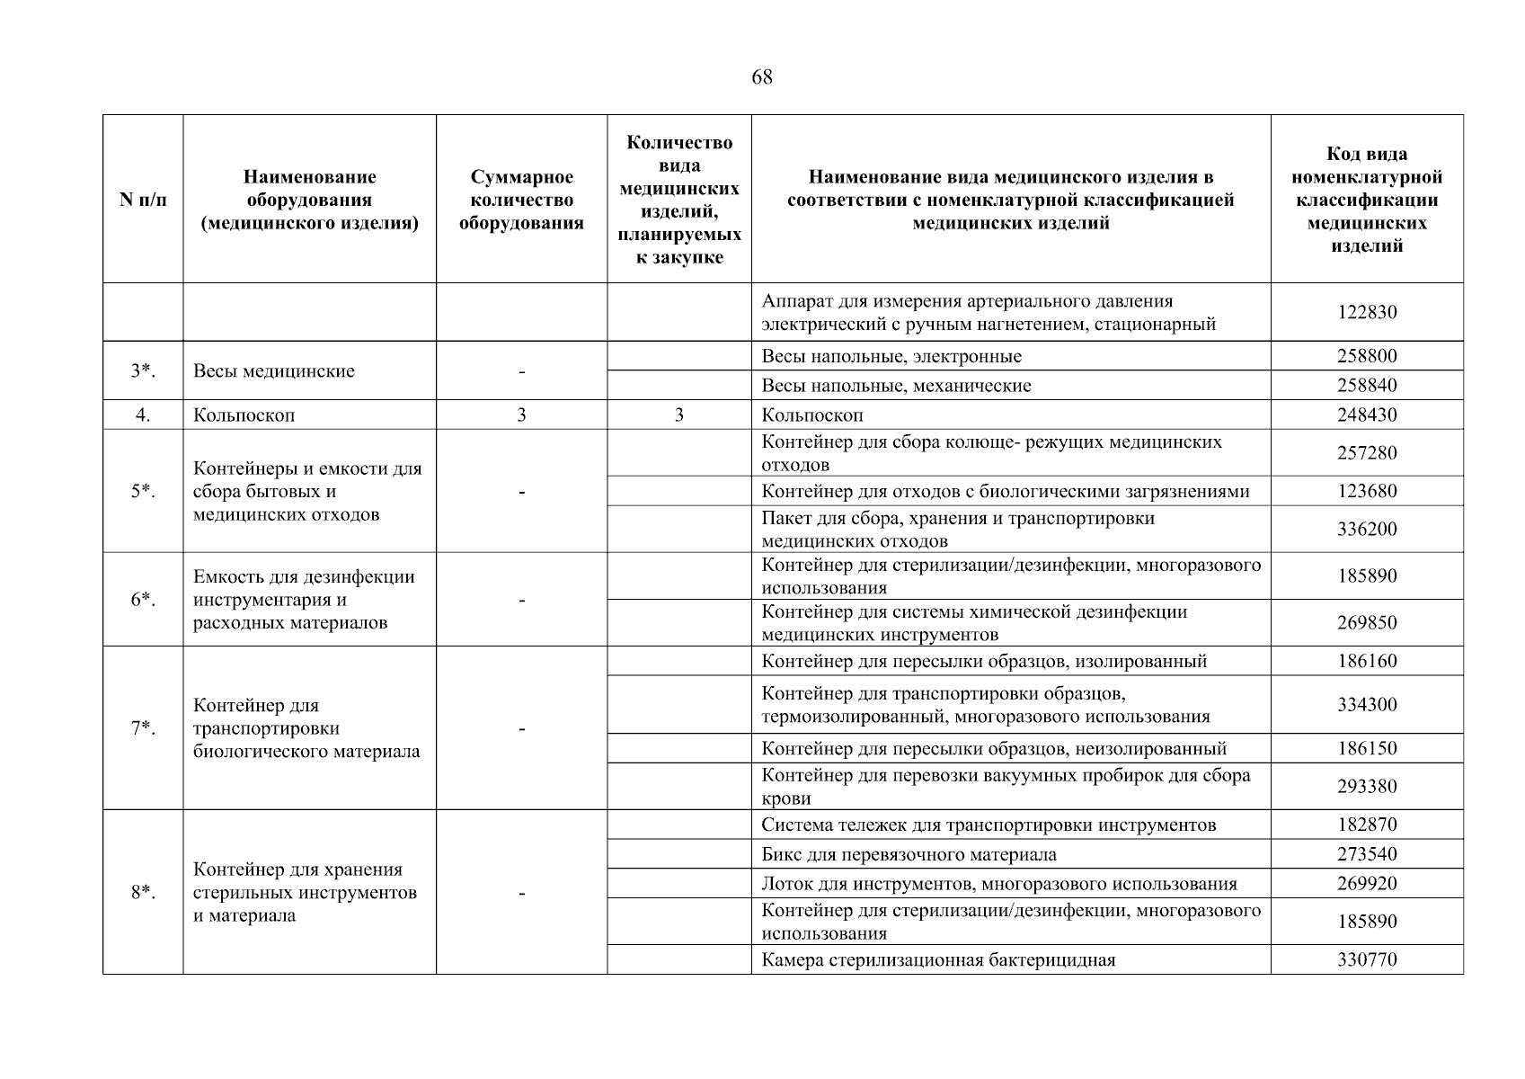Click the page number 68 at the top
[761, 77]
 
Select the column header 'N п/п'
[143, 200]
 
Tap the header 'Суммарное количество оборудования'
[521, 200]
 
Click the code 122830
[1366, 312]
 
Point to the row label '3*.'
[143, 370]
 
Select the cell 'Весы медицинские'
[274, 370]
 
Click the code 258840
[1366, 386]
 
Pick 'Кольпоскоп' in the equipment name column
[244, 415]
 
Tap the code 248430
[1366, 415]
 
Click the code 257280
[1366, 453]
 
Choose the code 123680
[1366, 491]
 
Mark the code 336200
[1366, 529]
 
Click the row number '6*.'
[143, 600]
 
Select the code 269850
[1366, 622]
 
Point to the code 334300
[1366, 705]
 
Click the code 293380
[1366, 787]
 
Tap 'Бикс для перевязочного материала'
[909, 854]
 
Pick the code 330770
[1366, 959]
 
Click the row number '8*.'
[143, 893]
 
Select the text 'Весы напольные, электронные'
[891, 356]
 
